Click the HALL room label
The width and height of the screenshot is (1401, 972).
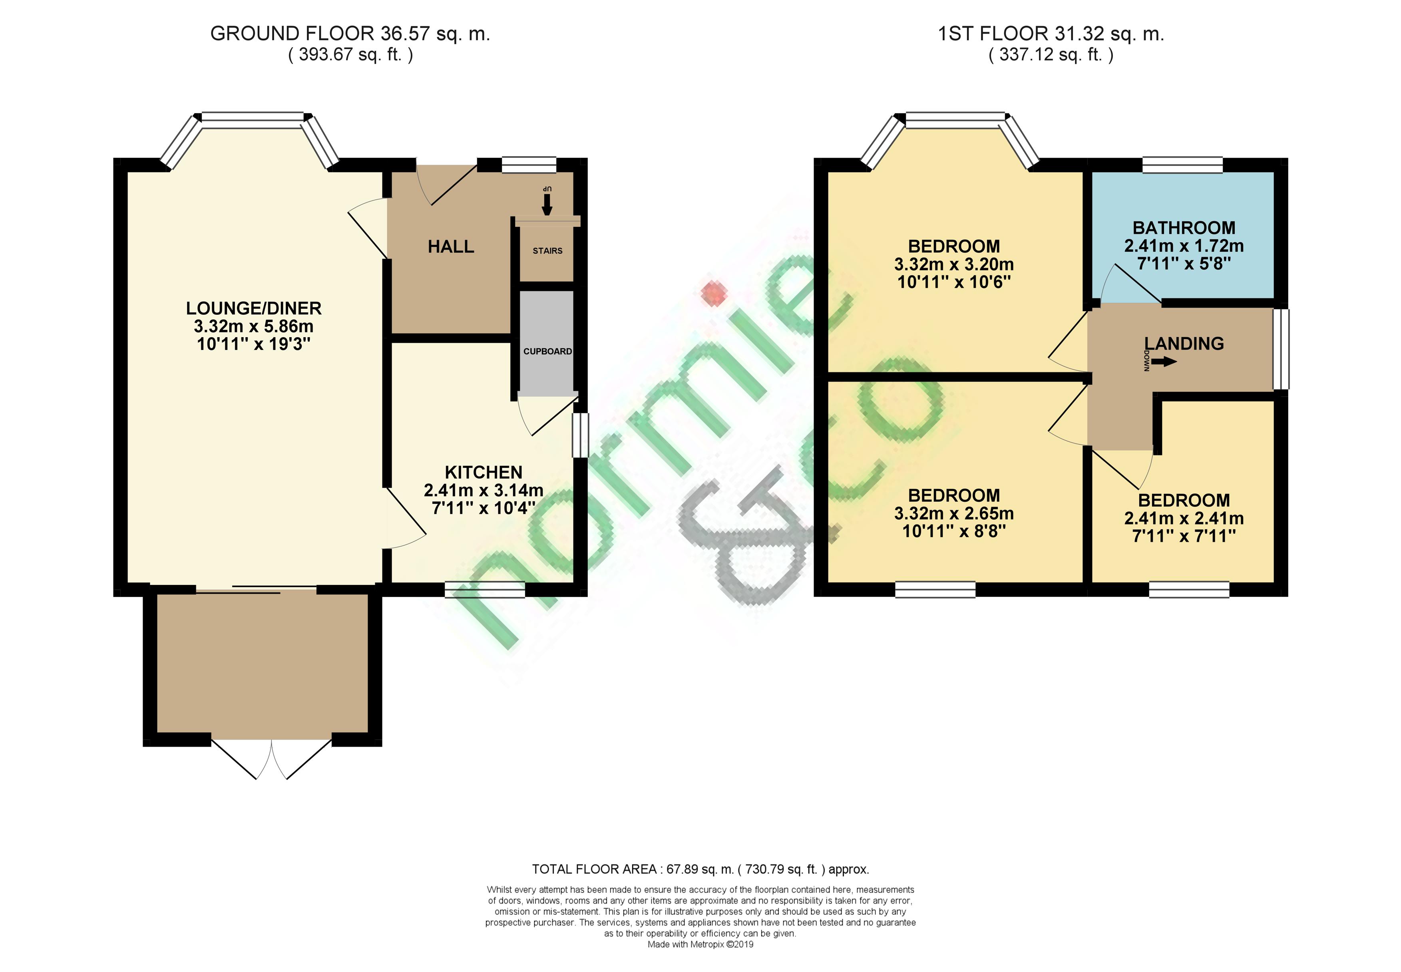451,246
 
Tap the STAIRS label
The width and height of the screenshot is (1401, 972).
547,251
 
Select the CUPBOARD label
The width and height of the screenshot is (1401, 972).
547,352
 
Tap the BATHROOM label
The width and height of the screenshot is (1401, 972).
1184,228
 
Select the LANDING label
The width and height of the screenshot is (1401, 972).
1184,344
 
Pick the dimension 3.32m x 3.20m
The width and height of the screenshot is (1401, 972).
954,264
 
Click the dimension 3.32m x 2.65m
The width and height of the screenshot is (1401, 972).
954,513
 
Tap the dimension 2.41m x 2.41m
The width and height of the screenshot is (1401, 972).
1184,518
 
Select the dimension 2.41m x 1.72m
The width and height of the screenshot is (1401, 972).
1184,246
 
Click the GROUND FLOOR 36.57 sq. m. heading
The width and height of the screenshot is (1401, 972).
350,34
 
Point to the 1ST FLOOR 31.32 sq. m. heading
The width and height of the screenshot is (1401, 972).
1051,34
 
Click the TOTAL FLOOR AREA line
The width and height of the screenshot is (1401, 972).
700,869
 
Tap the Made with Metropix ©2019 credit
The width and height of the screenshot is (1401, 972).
700,944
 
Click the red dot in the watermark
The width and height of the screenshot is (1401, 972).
713,294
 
